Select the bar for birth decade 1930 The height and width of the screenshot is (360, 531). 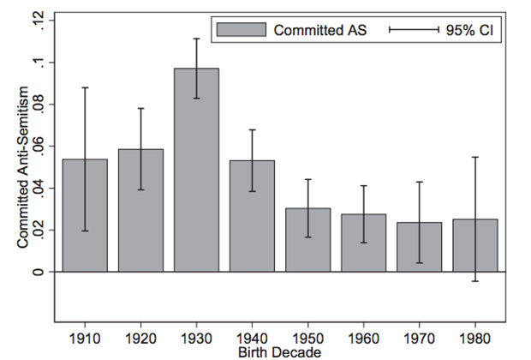pos(196,170)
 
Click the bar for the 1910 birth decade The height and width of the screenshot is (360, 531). pos(85,215)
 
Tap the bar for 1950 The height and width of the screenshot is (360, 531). pos(307,240)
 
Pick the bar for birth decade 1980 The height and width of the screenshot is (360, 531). pos(475,245)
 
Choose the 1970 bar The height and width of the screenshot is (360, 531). pos(420,247)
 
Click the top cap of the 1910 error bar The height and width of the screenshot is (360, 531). pos(85,87)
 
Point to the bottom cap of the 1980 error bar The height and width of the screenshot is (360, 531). pos(475,281)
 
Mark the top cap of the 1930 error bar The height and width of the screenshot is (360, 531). pos(196,39)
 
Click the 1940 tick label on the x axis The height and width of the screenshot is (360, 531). pos(252,339)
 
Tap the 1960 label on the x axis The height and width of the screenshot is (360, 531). pos(364,339)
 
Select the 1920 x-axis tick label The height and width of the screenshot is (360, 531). pos(140,339)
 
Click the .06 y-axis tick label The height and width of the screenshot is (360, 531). pos(39,147)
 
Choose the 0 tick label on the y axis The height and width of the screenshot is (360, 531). pos(39,272)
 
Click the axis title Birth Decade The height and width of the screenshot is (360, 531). pos(280,352)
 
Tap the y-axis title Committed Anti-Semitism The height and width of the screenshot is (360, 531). pos(22,167)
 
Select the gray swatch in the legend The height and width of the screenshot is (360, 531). pos(242,30)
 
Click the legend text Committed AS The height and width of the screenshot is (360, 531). pos(320,30)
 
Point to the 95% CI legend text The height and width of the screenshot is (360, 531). pos(469,30)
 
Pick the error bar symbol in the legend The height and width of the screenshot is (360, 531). pos(415,30)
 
